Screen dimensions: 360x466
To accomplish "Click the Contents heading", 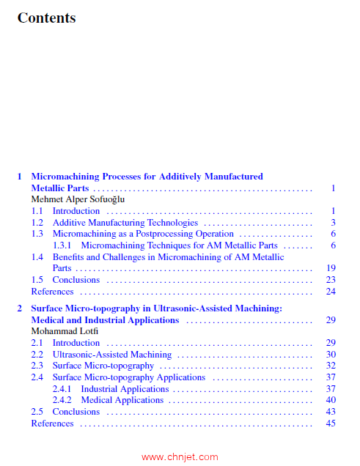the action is coord(46,17).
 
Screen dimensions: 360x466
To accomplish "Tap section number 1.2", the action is coord(37,222).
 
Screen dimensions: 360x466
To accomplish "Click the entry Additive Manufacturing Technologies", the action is coord(125,222).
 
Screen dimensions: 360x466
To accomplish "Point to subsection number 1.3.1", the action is coord(63,245).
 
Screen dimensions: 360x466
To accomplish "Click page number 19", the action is coord(330,268).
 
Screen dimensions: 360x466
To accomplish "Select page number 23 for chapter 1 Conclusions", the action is coord(330,280).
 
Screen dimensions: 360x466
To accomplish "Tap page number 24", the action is coord(330,291).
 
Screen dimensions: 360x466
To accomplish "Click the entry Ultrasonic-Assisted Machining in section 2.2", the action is coord(112,355).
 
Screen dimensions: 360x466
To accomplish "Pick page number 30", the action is coord(330,355).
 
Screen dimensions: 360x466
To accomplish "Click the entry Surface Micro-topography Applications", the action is coord(128,377).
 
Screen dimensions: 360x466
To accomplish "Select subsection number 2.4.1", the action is coord(63,389).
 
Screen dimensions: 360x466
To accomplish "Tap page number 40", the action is coord(330,400).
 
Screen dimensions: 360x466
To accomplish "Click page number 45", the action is coord(330,423).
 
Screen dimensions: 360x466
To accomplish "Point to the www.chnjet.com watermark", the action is coord(180,456).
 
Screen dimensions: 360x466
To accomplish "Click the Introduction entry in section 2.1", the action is coord(76,343).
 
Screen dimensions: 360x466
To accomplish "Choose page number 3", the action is coord(332,222).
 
